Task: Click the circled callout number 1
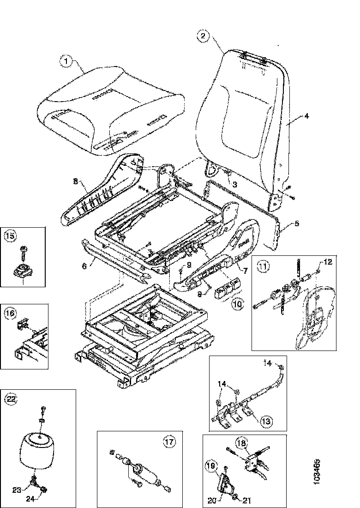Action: [66, 60]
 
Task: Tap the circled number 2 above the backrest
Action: [204, 35]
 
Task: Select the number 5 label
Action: [296, 224]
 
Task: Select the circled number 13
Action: [266, 421]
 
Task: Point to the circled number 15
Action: [10, 236]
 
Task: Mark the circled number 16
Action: [10, 314]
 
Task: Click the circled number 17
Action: [169, 441]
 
